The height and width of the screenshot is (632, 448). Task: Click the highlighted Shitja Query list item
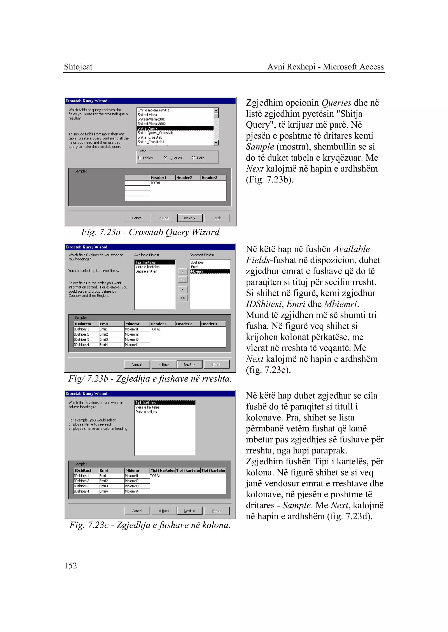(x=175, y=128)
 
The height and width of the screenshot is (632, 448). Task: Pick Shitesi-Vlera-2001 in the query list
(x=152, y=119)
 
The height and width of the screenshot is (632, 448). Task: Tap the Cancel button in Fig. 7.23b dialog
(x=137, y=364)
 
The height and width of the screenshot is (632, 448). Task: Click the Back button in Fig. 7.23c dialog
(x=164, y=511)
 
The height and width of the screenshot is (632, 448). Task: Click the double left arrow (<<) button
(x=182, y=298)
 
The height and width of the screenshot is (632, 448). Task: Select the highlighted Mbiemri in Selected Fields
(x=210, y=271)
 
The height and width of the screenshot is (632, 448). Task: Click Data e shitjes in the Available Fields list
(x=146, y=271)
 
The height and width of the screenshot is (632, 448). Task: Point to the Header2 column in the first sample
(x=188, y=177)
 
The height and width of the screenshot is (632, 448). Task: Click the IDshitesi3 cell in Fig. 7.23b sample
(x=86, y=340)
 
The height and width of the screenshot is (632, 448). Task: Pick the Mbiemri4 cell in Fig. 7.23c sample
(x=137, y=491)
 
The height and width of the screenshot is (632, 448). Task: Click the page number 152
(x=71, y=566)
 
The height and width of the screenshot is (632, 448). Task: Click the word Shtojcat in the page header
(x=78, y=67)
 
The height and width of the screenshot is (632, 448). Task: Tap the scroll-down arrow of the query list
(x=216, y=142)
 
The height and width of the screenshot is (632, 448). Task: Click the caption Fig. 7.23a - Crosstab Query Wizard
(x=150, y=232)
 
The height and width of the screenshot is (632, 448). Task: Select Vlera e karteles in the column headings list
(x=148, y=407)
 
